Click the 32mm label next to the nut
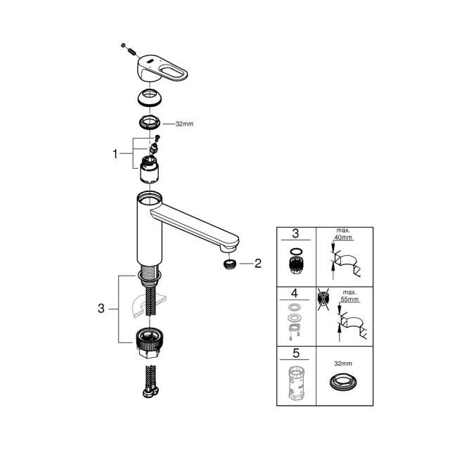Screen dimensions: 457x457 point(184,123)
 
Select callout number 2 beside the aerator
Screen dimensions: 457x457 point(257,264)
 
